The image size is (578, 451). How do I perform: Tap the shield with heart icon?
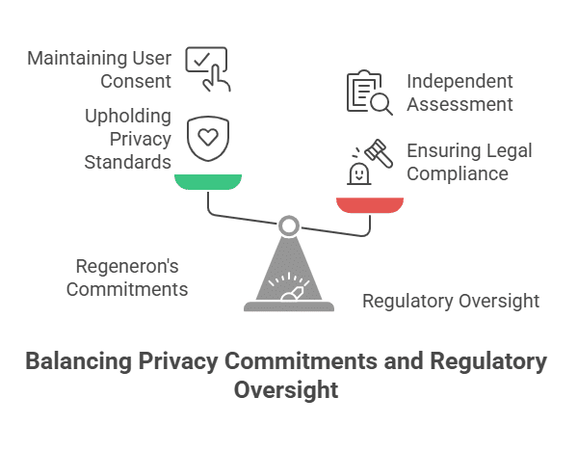pyautogui.click(x=205, y=138)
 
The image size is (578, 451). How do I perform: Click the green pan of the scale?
pyautogui.click(x=208, y=182)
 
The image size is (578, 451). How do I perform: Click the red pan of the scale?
pyautogui.click(x=369, y=204)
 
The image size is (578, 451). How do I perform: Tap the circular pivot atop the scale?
pyautogui.click(x=288, y=226)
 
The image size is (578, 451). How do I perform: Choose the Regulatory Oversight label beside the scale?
pyautogui.click(x=450, y=302)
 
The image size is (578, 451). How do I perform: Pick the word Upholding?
pyautogui.click(x=126, y=116)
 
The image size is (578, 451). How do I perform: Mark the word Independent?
pyautogui.click(x=460, y=81)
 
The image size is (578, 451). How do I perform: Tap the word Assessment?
pyautogui.click(x=459, y=104)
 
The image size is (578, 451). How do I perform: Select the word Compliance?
pyautogui.click(x=458, y=174)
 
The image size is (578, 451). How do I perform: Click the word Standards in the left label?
pyautogui.click(x=127, y=162)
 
